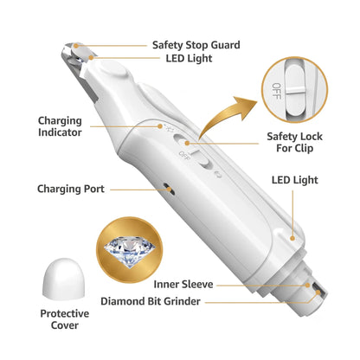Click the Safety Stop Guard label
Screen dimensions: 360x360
pos(196,45)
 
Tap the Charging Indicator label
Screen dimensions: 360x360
pos(60,126)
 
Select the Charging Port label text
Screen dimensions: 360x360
pos(71,189)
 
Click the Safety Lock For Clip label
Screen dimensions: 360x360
pos(294,142)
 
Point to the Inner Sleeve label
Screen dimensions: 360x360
pos(183,285)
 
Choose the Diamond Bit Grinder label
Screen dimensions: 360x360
pos(151,301)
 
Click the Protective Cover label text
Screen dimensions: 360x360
pos(65,319)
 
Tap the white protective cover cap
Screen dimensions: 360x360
pos(63,279)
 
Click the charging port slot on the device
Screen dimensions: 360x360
pos(169,189)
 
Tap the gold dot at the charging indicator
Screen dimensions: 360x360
pos(160,126)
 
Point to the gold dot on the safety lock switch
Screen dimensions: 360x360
pos(187,143)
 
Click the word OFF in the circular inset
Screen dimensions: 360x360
pos(276,91)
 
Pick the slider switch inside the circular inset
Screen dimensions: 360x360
pos(295,89)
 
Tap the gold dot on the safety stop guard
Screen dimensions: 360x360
pos(76,46)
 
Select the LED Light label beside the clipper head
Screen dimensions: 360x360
pos(189,59)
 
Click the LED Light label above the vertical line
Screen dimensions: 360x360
pos(294,180)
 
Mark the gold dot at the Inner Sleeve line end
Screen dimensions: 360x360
pos(308,286)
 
